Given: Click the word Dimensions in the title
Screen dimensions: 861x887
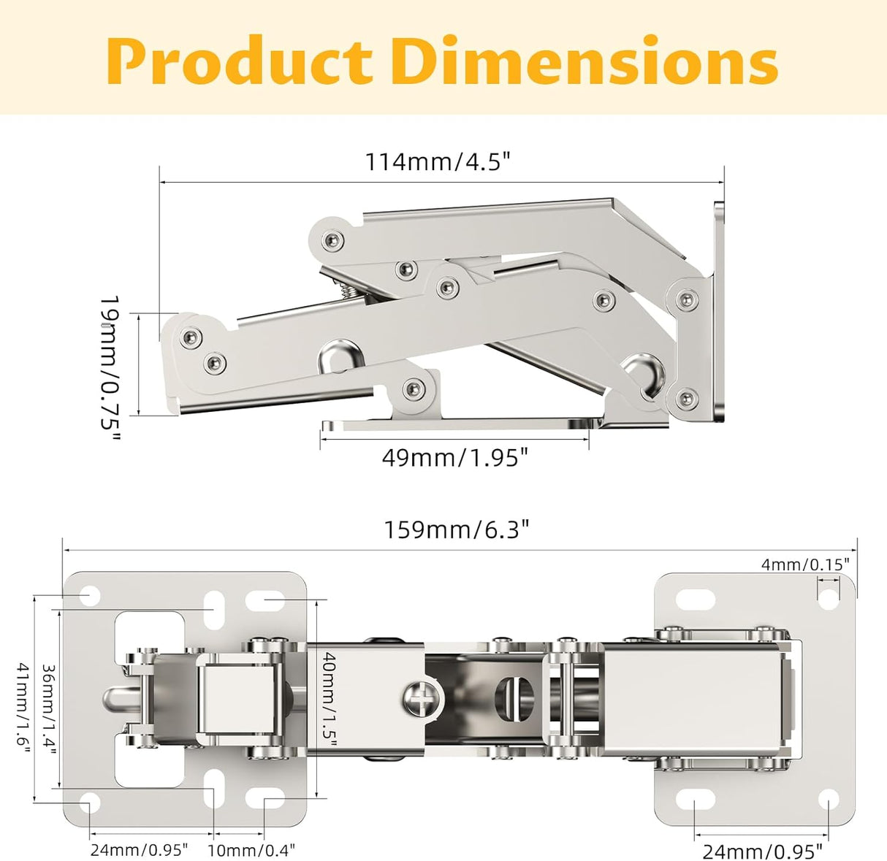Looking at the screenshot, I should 585,61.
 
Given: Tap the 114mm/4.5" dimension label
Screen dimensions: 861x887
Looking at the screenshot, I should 437,161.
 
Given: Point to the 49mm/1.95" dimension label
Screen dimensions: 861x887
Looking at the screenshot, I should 454,458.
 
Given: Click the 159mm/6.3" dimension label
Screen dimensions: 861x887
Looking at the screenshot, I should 457,529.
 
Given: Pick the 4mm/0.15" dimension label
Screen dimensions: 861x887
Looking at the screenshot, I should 805,565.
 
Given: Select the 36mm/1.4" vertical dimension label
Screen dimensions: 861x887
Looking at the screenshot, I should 49,710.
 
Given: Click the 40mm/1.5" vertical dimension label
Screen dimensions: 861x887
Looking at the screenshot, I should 329,700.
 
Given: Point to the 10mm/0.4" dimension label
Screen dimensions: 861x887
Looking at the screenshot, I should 251,850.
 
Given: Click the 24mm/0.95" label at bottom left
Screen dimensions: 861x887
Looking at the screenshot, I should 140,850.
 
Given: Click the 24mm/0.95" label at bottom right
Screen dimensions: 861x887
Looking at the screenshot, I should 763,852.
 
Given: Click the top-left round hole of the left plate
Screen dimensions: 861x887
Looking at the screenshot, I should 89,597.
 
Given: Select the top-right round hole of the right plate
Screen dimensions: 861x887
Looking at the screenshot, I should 829,599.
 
